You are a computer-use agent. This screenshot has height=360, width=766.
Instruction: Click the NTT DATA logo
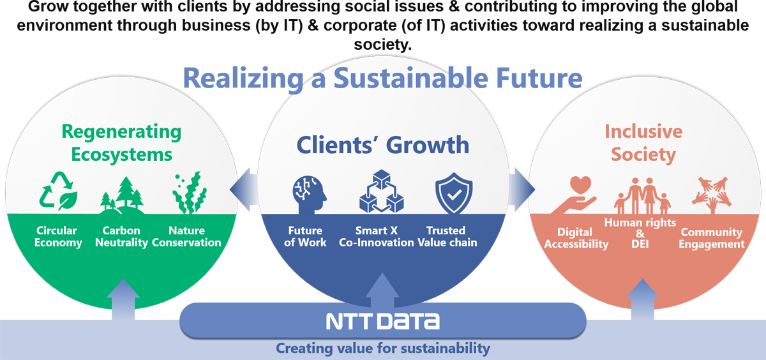coord(382,321)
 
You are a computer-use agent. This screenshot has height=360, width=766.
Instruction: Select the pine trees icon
coord(122,195)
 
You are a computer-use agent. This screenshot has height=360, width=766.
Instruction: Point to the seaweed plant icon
coord(190,193)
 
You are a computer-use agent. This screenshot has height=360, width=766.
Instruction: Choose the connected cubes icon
coord(382,191)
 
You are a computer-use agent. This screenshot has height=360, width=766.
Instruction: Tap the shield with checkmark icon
coord(454,193)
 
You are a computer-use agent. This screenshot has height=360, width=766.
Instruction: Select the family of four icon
coord(642,195)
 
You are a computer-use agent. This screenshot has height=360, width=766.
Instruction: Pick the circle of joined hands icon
coord(712,194)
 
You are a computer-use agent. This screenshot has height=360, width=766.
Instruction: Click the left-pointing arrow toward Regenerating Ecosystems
coord(244,190)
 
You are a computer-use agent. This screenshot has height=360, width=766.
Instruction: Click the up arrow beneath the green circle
coord(123,299)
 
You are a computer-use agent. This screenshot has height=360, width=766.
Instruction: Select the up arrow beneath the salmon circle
coord(643,299)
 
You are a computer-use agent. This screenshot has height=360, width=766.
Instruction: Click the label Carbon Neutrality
coord(121,237)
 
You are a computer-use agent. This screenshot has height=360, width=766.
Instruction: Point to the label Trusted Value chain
coord(447,237)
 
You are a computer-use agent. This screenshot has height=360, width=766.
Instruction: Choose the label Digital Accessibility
coord(576,238)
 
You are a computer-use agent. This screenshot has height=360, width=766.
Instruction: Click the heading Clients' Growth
coord(382,145)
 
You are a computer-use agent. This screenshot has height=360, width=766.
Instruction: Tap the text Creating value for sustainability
coord(382,349)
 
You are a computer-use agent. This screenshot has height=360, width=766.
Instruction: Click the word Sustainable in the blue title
coord(410,79)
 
